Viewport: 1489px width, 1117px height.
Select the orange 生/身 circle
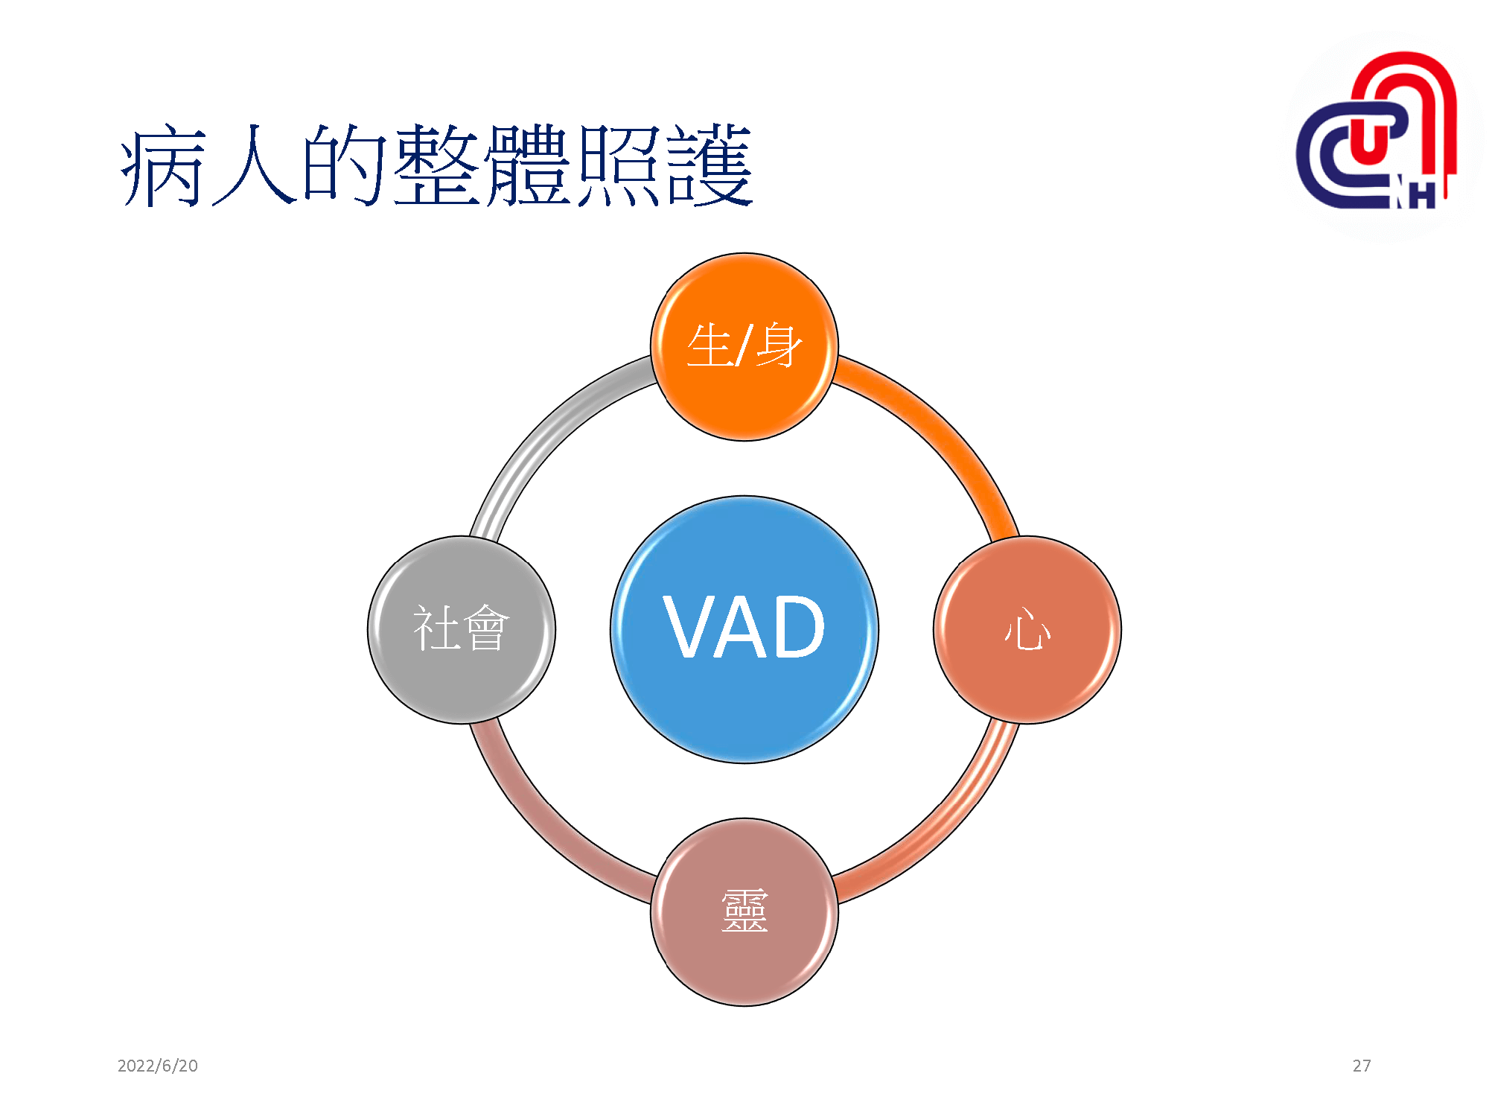click(744, 347)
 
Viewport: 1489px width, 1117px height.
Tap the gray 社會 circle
click(462, 630)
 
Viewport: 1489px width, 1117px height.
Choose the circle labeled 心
click(1027, 630)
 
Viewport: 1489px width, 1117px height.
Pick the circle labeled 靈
click(744, 912)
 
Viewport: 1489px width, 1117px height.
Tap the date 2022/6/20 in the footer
click(158, 1066)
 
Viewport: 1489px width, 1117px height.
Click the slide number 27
click(1362, 1066)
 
